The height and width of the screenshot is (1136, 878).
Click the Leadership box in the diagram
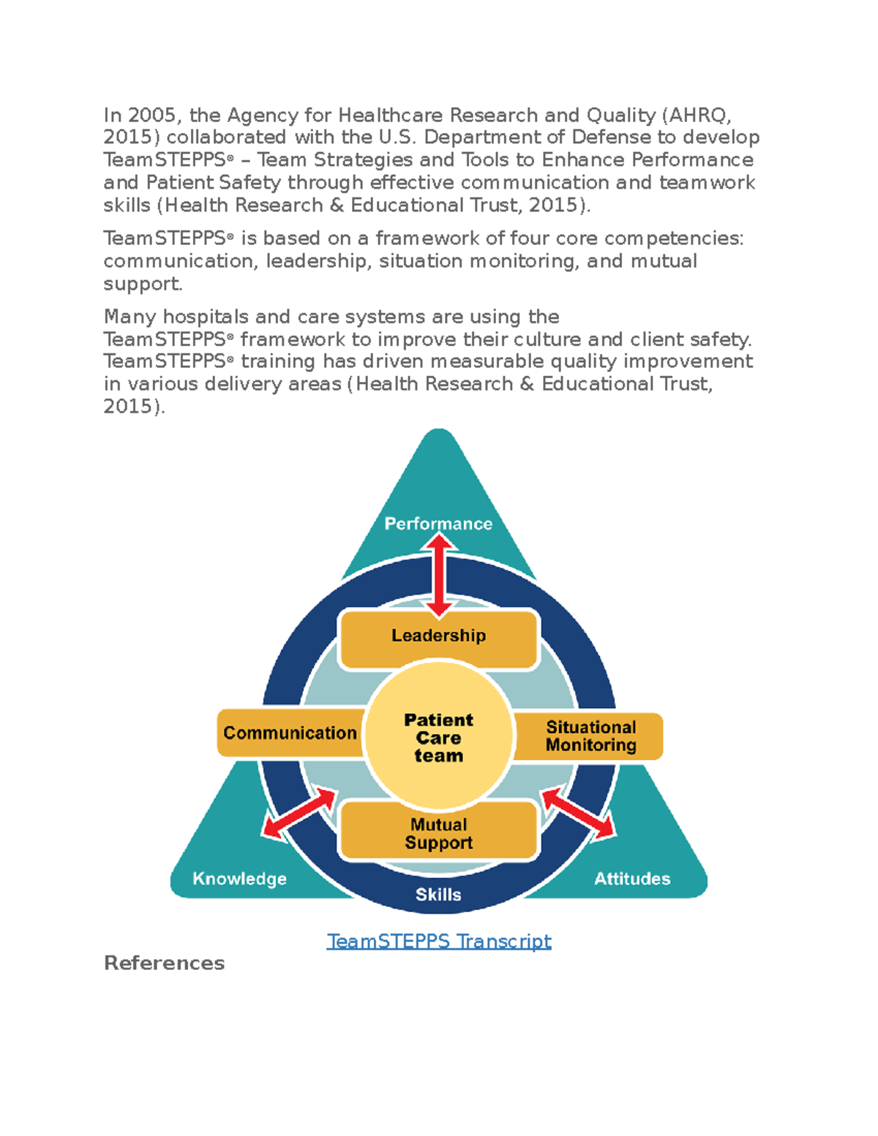pyautogui.click(x=438, y=636)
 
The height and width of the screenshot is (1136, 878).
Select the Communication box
pyautogui.click(x=290, y=733)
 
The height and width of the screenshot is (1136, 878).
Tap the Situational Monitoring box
pyautogui.click(x=590, y=736)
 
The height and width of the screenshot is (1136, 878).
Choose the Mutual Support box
pyautogui.click(x=438, y=833)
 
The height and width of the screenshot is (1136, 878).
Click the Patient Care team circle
pyautogui.click(x=438, y=737)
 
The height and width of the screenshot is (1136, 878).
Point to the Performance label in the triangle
pyautogui.click(x=438, y=524)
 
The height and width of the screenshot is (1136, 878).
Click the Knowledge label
pyautogui.click(x=239, y=879)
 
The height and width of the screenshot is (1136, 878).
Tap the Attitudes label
pyautogui.click(x=632, y=879)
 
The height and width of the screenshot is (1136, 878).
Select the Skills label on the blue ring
pyautogui.click(x=438, y=895)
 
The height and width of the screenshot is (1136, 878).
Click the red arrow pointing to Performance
pyautogui.click(x=439, y=575)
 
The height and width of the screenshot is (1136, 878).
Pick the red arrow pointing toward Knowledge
pyautogui.click(x=299, y=813)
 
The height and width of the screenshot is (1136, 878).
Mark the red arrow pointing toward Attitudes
pyautogui.click(x=578, y=813)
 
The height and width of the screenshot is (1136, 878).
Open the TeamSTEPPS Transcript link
pyautogui.click(x=438, y=941)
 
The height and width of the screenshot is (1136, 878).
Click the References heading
pyautogui.click(x=164, y=963)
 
